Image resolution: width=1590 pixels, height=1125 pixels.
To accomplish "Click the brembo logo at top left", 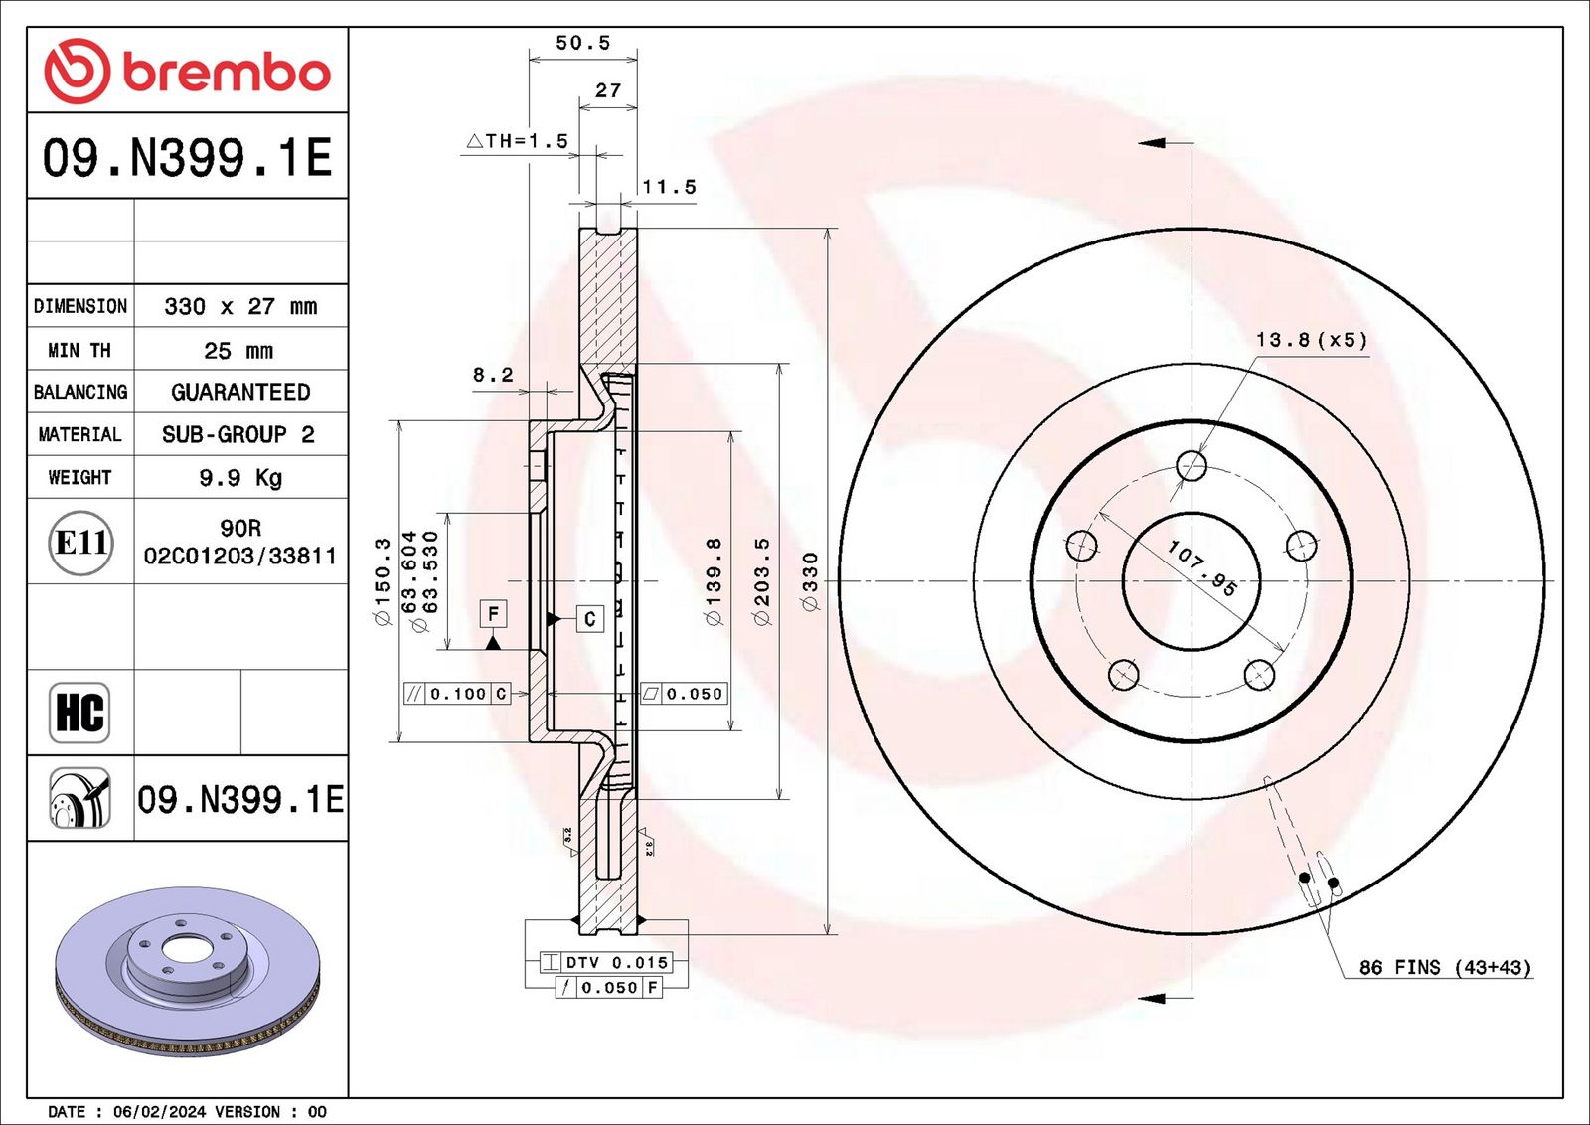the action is click(x=188, y=71).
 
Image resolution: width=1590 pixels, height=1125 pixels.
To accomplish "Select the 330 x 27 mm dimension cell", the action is click(x=240, y=306).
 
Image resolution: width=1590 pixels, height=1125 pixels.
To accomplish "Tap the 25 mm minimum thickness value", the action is click(x=238, y=350).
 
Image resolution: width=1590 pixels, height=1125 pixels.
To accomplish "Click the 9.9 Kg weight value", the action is click(x=240, y=477).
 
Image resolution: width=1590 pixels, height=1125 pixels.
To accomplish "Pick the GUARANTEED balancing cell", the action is click(x=240, y=392).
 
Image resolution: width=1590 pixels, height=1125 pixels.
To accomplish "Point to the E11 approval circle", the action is click(x=80, y=543).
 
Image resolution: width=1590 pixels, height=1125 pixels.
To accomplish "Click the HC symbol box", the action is click(x=79, y=712).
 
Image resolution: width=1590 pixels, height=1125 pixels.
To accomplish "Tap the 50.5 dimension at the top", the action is click(x=582, y=43).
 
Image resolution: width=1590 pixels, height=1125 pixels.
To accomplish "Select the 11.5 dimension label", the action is click(x=670, y=187).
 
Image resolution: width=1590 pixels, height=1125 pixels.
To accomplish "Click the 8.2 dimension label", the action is click(x=493, y=374).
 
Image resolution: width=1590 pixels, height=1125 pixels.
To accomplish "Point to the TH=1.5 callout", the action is click(x=518, y=141).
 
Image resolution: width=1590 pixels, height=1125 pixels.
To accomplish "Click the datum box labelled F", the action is click(x=493, y=613).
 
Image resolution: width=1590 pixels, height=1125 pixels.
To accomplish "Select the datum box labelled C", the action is click(x=590, y=619).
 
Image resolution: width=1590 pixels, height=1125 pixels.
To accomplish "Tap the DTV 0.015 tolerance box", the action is click(x=605, y=962).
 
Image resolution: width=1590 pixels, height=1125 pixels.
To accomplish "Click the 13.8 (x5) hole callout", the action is click(x=1311, y=339).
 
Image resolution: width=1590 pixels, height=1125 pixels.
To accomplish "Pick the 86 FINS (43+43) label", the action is click(x=1445, y=967).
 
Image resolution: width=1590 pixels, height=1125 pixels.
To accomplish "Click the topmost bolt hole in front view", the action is click(x=1192, y=466).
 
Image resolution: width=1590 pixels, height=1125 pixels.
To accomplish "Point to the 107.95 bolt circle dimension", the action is click(x=1202, y=567).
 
